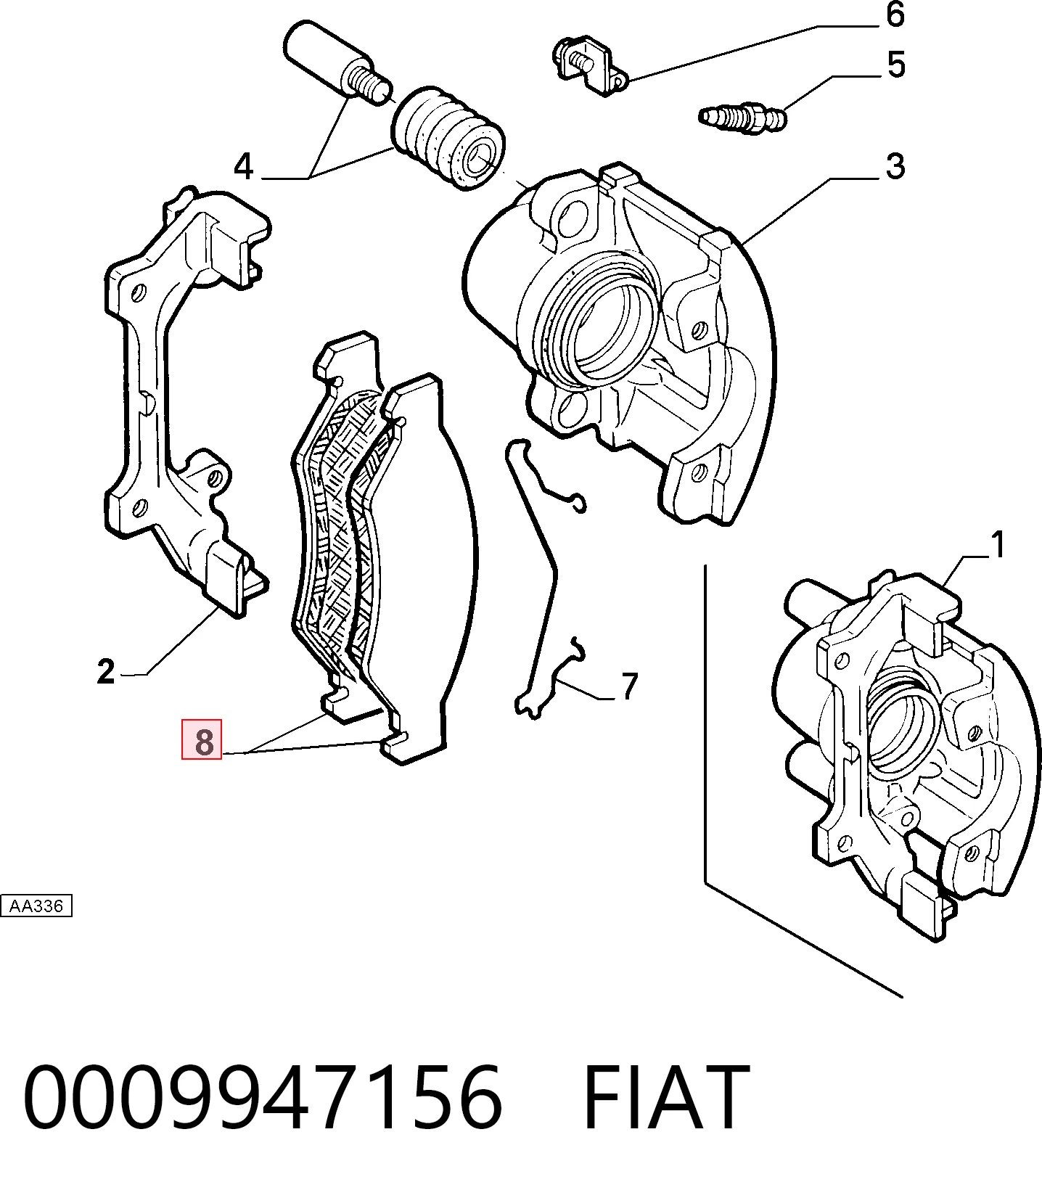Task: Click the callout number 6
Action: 895,15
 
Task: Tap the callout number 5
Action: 896,65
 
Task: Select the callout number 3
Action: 895,167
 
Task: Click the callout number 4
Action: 244,167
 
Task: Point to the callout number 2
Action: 106,672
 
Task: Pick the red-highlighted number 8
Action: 202,739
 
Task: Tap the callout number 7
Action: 629,686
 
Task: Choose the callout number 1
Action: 998,545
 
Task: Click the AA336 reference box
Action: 36,906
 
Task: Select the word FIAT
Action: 666,1097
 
